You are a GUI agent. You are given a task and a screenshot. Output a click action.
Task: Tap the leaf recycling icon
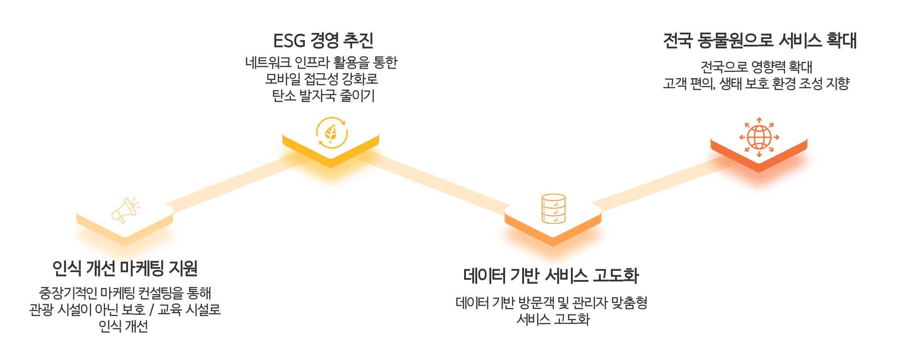[x=332, y=133]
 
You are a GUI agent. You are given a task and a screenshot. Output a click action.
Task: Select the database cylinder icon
[x=553, y=209]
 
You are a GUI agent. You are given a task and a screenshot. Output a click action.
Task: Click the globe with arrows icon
[x=759, y=137]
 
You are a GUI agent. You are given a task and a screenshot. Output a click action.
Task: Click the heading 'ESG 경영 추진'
[x=323, y=41]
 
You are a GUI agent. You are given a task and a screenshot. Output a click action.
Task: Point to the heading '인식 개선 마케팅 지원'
[x=125, y=268]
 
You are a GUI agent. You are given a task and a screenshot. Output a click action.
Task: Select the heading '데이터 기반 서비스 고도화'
[x=551, y=276]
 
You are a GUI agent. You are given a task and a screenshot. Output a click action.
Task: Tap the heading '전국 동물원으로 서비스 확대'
[x=760, y=41]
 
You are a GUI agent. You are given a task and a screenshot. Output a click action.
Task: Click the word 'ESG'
[x=289, y=41]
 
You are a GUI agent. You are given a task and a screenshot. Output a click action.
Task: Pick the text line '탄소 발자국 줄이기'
[x=323, y=96]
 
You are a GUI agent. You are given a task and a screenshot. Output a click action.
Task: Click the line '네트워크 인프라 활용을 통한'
[x=321, y=62]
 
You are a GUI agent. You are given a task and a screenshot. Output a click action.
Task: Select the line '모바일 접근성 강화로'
[x=321, y=79]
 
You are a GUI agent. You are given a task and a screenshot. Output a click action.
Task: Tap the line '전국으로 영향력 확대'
[x=756, y=67]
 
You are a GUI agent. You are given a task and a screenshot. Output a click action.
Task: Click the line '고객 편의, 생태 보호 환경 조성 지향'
[x=756, y=84]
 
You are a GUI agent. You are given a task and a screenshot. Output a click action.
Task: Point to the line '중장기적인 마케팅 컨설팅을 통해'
[x=125, y=293]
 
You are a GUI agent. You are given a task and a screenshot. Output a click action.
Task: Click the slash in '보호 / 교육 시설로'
[x=152, y=310]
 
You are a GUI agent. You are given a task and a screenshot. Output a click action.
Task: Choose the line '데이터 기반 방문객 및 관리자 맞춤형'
[x=552, y=303]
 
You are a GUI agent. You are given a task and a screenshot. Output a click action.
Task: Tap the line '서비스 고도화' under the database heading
[x=553, y=319]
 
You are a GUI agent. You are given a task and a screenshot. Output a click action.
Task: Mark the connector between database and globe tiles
[x=663, y=184]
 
